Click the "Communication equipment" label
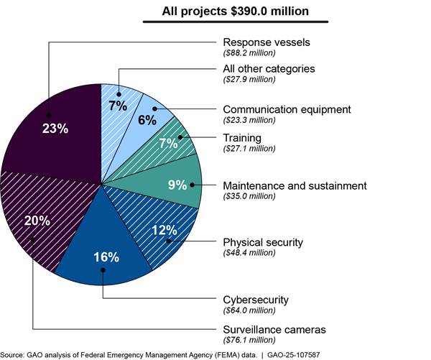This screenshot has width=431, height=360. (x=287, y=109)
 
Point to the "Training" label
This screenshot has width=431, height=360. (x=242, y=137)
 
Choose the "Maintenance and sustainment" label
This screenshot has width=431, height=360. (x=295, y=185)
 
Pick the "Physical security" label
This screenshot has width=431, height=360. (x=263, y=241)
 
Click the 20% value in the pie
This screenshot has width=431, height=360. (x=37, y=221)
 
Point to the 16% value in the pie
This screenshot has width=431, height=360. (x=106, y=257)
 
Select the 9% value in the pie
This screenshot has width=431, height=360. (x=177, y=185)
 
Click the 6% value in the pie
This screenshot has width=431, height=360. (x=147, y=120)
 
